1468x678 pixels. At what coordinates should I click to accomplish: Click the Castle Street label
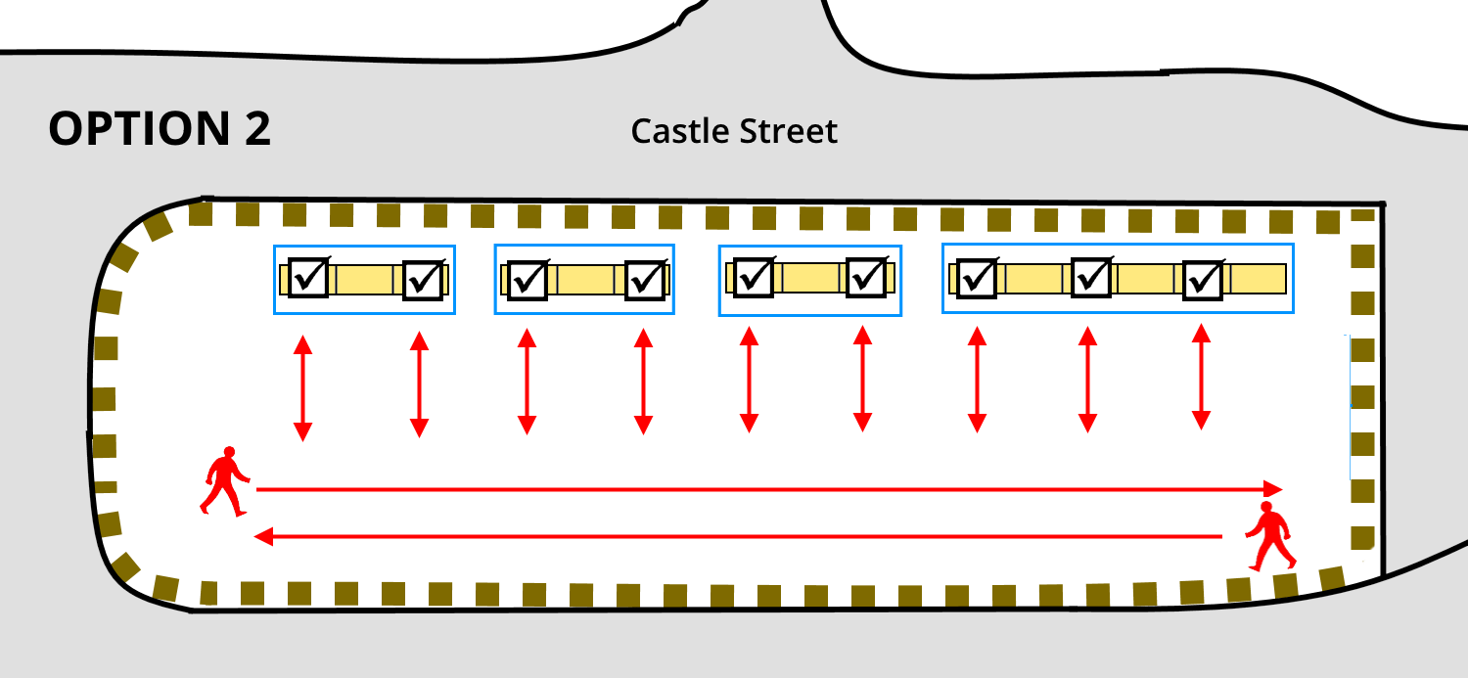[x=734, y=131]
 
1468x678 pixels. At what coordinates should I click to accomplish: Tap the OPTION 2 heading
[x=160, y=129]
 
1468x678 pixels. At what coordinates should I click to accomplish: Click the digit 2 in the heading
[x=257, y=129]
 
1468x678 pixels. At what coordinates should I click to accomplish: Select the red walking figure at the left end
[x=226, y=480]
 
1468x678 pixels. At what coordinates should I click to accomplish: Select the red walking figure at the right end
[x=1270, y=536]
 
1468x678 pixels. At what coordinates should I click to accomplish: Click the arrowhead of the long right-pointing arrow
[x=1272, y=488]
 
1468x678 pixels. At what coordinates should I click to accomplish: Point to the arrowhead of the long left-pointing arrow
[x=262, y=536]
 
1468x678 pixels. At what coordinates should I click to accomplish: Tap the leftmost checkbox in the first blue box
[x=308, y=279]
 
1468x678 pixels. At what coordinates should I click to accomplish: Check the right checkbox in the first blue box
[x=424, y=280]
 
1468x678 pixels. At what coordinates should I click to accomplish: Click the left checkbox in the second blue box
[x=529, y=280]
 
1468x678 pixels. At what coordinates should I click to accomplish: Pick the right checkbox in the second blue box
[x=645, y=280]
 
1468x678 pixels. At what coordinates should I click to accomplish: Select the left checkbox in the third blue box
[x=754, y=277]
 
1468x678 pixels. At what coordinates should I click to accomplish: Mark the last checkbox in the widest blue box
[x=1203, y=280]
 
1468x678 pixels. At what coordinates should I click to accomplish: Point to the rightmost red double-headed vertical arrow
[x=1200, y=377]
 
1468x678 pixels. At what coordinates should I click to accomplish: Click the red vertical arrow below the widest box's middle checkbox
[x=1086, y=380]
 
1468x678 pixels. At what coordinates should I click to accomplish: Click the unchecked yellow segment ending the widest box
[x=1257, y=279]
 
